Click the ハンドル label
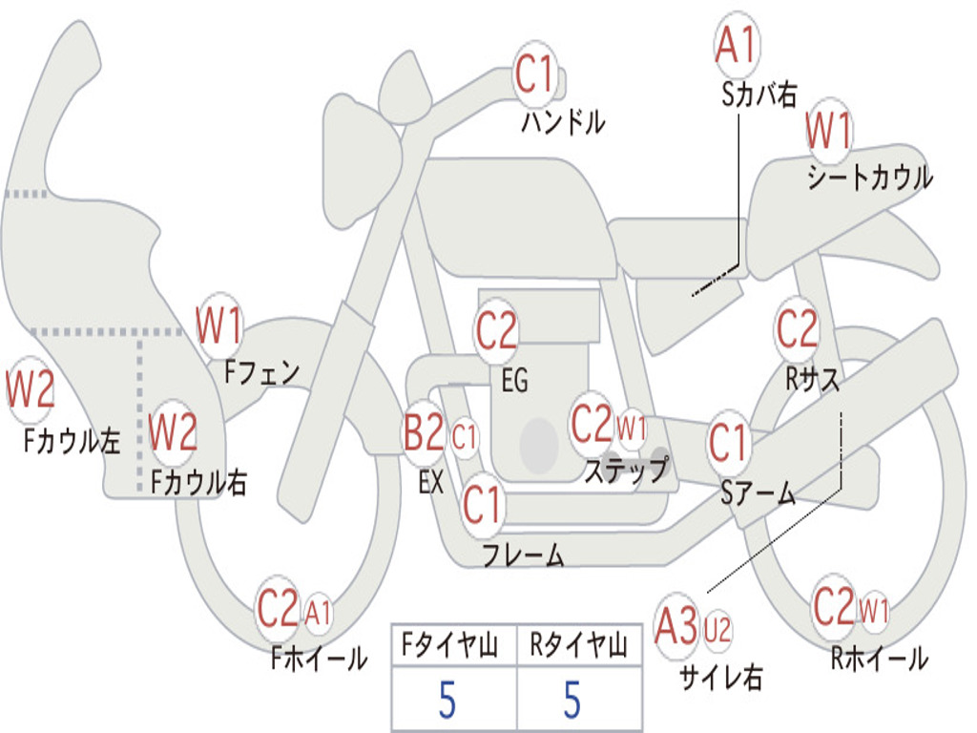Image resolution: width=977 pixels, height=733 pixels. click(563, 122)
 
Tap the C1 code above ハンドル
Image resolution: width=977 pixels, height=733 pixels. click(535, 74)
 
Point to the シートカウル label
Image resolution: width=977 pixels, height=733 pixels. click(869, 178)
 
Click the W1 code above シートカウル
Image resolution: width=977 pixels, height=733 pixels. click(828, 133)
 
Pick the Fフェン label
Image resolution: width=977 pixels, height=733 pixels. click(262, 371)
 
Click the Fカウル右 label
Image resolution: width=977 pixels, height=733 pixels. click(199, 483)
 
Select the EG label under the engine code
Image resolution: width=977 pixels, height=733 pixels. click(514, 381)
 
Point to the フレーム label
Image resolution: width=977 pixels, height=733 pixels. click(523, 555)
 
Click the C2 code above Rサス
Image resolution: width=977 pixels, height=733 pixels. click(797, 329)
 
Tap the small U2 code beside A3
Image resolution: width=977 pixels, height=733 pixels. click(717, 629)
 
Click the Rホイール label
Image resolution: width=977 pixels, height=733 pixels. click(879, 658)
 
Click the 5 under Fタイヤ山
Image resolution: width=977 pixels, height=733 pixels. click(447, 701)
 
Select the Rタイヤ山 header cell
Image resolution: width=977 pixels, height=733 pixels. click(578, 647)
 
